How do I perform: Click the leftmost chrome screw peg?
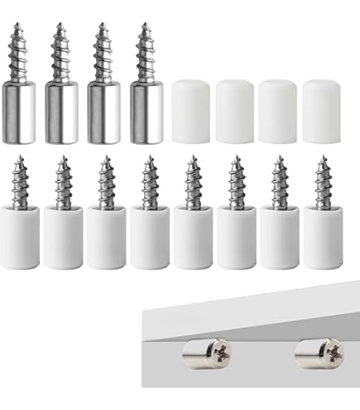(x=20, y=91)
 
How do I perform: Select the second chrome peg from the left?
(x=62, y=91)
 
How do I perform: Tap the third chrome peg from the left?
(x=103, y=91)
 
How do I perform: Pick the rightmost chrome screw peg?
(x=146, y=91)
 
